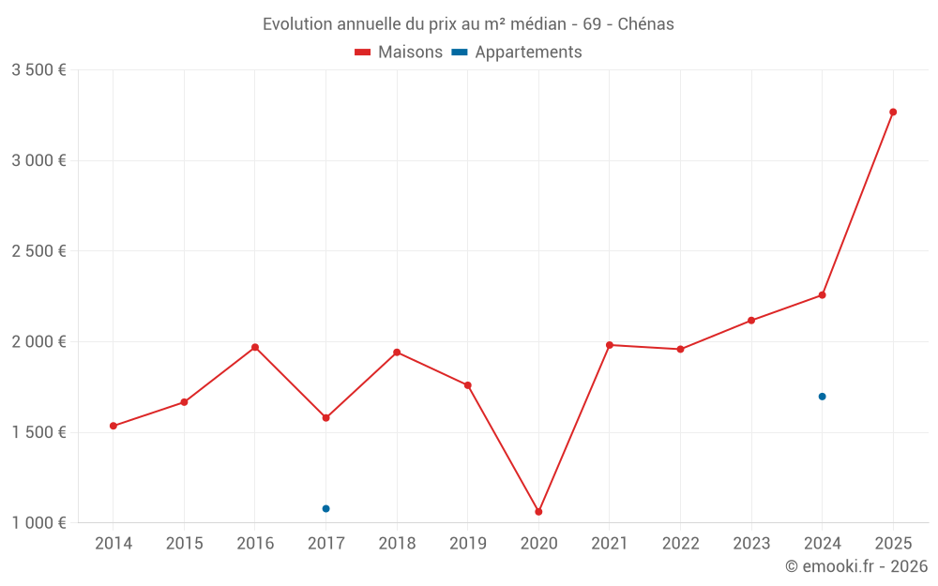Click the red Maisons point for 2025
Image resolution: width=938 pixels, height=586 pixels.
(x=893, y=113)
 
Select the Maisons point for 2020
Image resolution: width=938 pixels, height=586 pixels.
(x=538, y=512)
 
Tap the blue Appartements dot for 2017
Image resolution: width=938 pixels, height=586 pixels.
(x=325, y=508)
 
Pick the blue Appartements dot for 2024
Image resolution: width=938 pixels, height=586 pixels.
(x=823, y=397)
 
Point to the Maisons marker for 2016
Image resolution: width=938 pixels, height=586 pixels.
(x=255, y=348)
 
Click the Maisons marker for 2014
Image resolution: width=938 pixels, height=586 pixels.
(x=113, y=426)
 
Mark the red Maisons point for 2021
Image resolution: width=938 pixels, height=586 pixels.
(x=610, y=345)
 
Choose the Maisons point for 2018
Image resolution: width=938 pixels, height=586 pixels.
(x=397, y=353)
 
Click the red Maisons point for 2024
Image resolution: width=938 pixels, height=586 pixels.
(x=823, y=295)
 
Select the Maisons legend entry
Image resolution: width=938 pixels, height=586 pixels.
(x=399, y=53)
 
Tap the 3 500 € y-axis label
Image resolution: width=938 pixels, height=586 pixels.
(x=38, y=70)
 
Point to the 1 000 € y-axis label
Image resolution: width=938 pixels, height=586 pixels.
(x=38, y=523)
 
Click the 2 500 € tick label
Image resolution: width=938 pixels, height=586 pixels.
(x=38, y=251)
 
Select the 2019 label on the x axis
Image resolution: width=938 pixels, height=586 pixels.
(x=467, y=544)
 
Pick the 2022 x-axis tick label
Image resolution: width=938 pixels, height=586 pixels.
(x=680, y=544)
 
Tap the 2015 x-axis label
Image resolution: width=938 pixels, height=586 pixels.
(x=184, y=544)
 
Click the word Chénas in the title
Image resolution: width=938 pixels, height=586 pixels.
(x=645, y=24)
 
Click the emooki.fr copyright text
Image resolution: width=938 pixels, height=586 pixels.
(x=856, y=566)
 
